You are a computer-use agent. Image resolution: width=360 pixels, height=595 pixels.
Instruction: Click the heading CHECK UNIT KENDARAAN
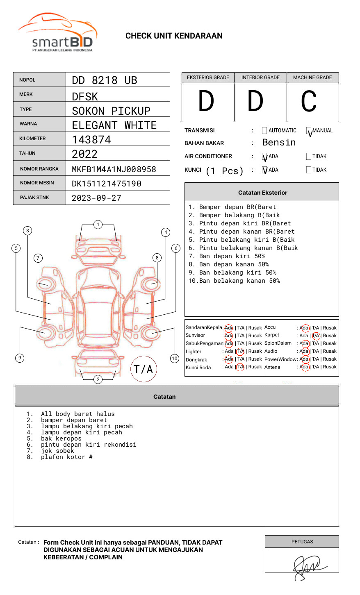click(174, 36)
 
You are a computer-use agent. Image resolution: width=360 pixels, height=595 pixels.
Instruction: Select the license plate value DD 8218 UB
click(105, 80)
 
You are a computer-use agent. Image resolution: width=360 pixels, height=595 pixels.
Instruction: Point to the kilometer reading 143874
click(91, 140)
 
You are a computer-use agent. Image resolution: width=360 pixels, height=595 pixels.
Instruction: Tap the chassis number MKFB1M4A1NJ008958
click(114, 169)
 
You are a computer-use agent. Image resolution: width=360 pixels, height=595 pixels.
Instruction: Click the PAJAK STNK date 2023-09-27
click(96, 198)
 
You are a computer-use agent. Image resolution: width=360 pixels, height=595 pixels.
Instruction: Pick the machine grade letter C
click(309, 102)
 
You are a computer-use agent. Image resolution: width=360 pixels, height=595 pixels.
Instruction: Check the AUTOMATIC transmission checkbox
click(264, 131)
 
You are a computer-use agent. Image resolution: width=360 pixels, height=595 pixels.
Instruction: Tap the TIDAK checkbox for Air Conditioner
click(309, 157)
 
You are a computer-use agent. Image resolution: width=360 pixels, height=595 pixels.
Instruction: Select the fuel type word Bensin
click(279, 143)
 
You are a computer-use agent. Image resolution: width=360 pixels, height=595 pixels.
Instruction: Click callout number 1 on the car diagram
click(98, 225)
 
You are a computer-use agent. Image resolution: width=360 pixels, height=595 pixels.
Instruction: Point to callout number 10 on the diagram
click(175, 359)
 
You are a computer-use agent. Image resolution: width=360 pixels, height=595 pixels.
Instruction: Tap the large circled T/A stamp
click(144, 369)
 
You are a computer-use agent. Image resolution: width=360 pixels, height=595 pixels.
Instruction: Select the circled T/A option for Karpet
click(316, 336)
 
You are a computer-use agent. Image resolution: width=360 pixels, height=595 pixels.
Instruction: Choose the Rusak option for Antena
click(330, 367)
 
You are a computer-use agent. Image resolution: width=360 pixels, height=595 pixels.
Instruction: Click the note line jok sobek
click(57, 451)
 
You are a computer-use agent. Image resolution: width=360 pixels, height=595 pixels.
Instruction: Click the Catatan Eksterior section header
click(262, 193)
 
